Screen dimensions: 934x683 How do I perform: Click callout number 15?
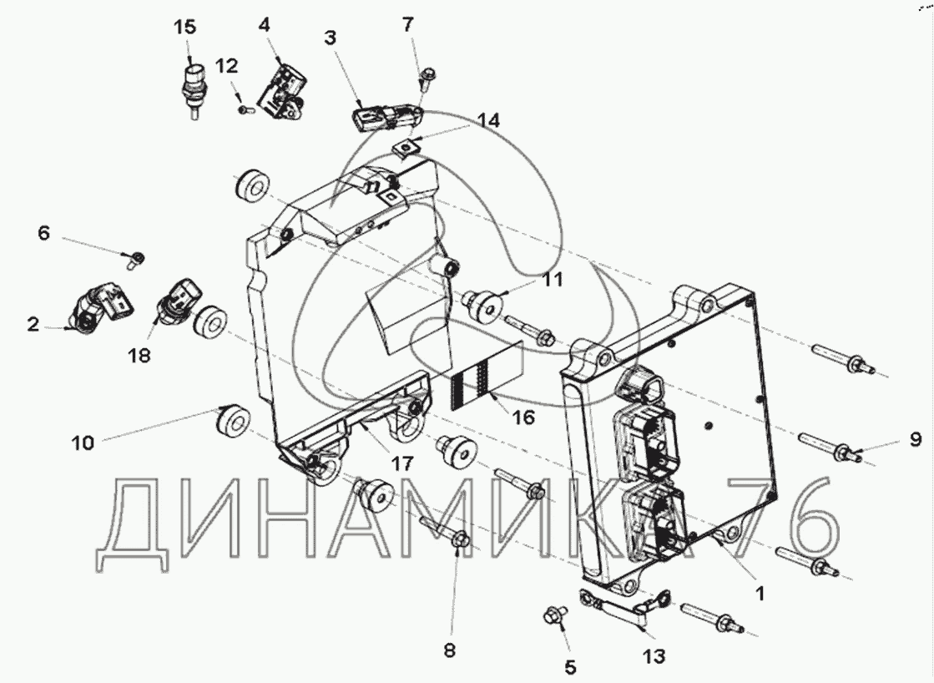click(x=184, y=27)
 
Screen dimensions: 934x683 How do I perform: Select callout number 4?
click(x=265, y=23)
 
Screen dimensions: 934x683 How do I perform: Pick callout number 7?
click(x=407, y=23)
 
